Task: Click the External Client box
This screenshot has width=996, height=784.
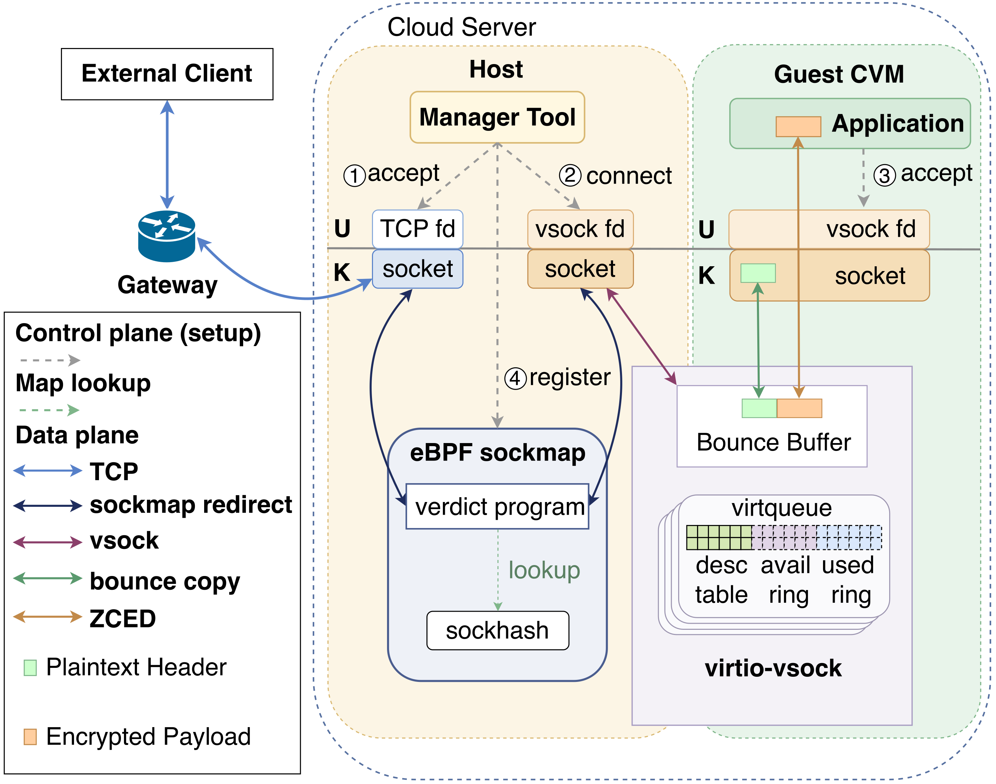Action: (x=167, y=74)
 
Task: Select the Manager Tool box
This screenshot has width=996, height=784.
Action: (x=497, y=117)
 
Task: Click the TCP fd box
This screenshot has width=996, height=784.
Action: (x=418, y=229)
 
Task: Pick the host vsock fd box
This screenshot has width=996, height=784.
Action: (x=580, y=229)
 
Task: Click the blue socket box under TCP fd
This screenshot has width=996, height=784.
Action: (x=418, y=269)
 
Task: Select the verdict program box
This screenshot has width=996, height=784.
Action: (x=497, y=506)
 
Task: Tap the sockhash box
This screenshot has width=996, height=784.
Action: (x=498, y=630)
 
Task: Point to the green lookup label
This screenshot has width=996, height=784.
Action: (x=544, y=571)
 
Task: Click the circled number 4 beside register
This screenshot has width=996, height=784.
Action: (x=515, y=379)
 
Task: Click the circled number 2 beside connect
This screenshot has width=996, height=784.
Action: (x=570, y=175)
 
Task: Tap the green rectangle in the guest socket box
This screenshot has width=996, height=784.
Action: (x=758, y=273)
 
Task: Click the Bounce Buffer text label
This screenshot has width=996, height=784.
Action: (x=773, y=442)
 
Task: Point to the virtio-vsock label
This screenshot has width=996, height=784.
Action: (x=773, y=668)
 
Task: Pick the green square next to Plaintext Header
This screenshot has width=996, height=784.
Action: (x=30, y=667)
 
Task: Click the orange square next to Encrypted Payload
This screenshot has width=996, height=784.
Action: (x=30, y=737)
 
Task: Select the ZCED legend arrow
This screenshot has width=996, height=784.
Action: (x=48, y=616)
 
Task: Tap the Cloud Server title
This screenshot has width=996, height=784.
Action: (x=462, y=27)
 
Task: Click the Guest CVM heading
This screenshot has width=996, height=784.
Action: (x=839, y=74)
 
